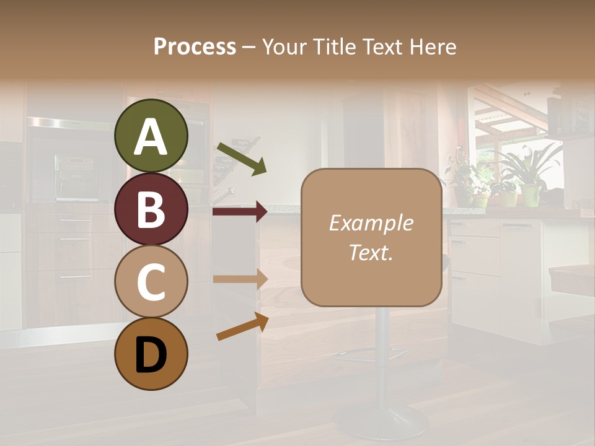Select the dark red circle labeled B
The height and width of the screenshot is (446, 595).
click(x=151, y=209)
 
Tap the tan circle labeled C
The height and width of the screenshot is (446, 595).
click(x=151, y=281)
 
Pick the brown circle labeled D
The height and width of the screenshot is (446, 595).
click(x=151, y=354)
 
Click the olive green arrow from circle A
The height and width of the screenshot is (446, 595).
click(x=242, y=159)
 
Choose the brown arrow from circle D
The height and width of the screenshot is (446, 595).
click(x=242, y=326)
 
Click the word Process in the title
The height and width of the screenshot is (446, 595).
click(x=195, y=46)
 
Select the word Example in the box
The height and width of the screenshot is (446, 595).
click(x=371, y=223)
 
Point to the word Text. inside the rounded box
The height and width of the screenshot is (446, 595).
click(x=371, y=252)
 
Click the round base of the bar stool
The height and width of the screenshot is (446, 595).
click(x=381, y=421)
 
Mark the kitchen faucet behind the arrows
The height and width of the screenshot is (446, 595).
click(x=226, y=195)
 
